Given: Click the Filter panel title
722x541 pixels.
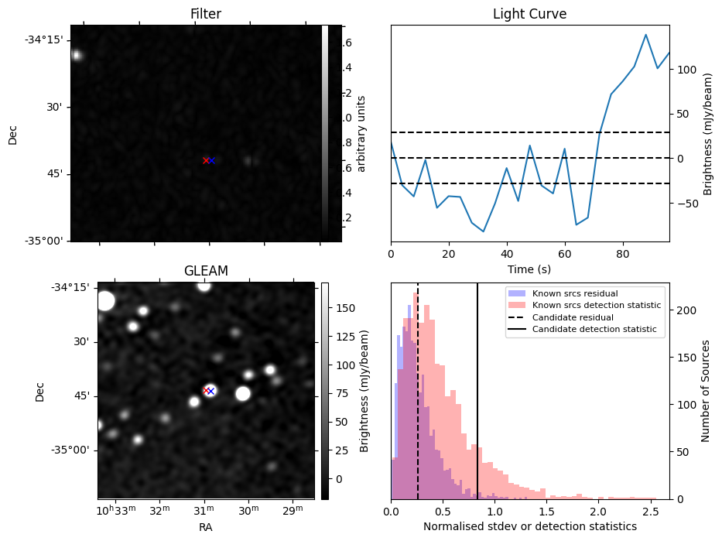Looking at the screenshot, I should click(206, 14).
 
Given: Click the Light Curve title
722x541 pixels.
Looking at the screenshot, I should click(529, 14).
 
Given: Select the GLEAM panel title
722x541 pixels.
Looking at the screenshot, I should click(206, 270).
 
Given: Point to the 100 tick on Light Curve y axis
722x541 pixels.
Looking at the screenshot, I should click(686, 70).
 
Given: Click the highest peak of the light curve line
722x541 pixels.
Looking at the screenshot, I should click(645, 35).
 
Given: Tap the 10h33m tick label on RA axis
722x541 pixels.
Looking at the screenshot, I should click(115, 511).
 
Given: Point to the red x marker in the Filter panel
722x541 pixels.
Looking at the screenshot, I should click(205, 160).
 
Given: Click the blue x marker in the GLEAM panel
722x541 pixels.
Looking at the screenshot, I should click(210, 391).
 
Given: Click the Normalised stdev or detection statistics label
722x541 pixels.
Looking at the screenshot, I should click(529, 526).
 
